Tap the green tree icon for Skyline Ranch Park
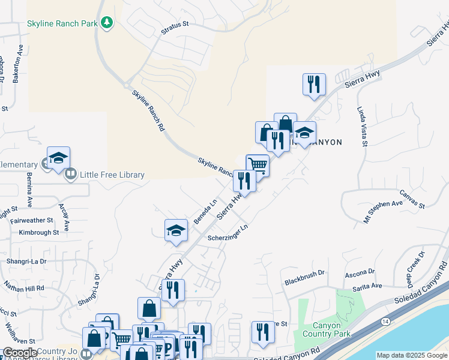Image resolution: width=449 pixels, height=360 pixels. [x=107, y=23]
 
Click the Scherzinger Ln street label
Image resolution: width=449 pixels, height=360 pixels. [x=228, y=233]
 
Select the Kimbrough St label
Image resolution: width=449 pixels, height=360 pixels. [x=39, y=232]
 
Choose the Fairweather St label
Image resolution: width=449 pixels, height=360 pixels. [x=36, y=220]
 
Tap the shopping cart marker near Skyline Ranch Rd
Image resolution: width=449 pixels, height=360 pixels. [x=258, y=164]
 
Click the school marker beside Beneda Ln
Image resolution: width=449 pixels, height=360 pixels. [x=175, y=230]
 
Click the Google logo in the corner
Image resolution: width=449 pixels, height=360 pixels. [x=20, y=353]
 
